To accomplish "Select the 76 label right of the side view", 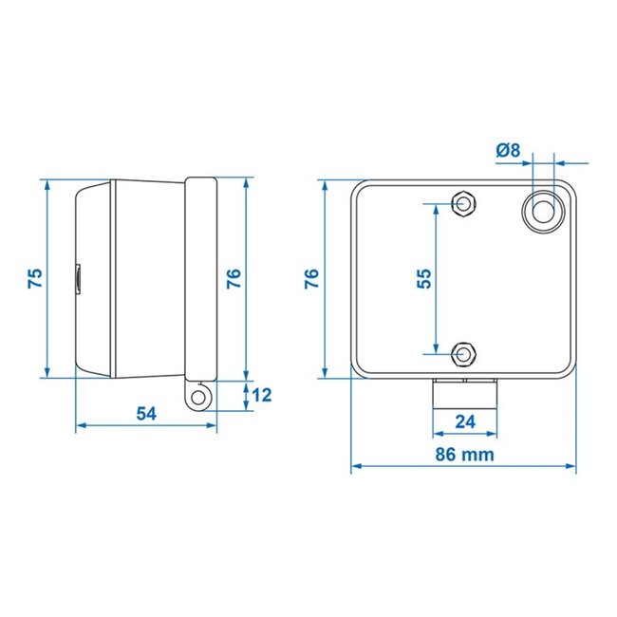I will [234, 278].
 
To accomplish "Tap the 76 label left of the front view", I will [311, 278].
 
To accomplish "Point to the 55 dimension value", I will [424, 278].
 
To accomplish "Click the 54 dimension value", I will [147, 413].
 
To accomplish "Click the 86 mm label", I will [464, 454].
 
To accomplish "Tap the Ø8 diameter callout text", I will [508, 149].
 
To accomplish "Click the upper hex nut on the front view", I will [463, 204].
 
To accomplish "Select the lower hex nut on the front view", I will [463, 354].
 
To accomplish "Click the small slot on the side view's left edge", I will [79, 278].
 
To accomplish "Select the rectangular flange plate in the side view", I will [200, 278].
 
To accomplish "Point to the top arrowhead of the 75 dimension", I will [47, 183].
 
